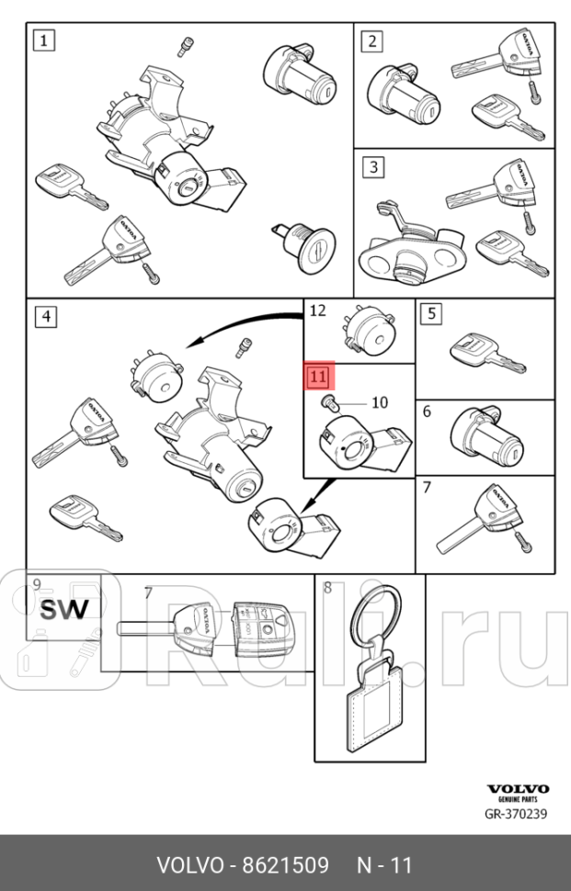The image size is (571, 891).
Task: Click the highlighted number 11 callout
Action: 318,377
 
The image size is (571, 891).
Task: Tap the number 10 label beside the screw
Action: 380,403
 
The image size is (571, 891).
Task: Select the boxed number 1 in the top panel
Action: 44,41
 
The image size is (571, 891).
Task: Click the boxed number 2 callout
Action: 372,41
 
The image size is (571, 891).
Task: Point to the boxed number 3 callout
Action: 373,167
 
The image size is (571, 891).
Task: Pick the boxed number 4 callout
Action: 46,317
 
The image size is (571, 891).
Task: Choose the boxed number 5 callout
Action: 431,313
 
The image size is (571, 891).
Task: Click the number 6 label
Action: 428,412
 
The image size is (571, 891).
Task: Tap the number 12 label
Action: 318,310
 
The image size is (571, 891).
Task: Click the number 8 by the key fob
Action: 327,588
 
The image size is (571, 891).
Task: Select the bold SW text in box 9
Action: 64,610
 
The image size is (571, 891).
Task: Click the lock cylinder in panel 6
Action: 486,437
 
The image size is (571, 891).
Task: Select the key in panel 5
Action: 487,353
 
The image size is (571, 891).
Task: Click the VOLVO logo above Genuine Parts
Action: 518,789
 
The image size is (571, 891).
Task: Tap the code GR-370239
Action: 516,814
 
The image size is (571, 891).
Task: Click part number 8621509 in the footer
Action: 285,865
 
